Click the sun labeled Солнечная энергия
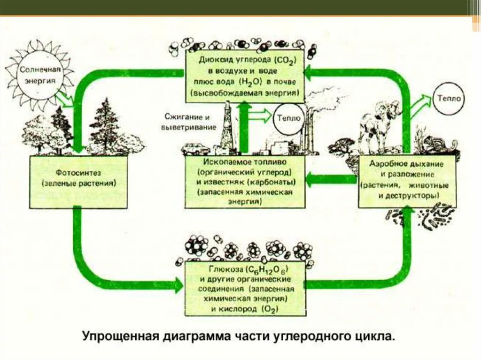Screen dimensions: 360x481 coord(40,76)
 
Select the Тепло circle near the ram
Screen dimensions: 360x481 coord(450,99)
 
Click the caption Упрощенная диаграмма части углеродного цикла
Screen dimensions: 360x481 coord(239,337)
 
